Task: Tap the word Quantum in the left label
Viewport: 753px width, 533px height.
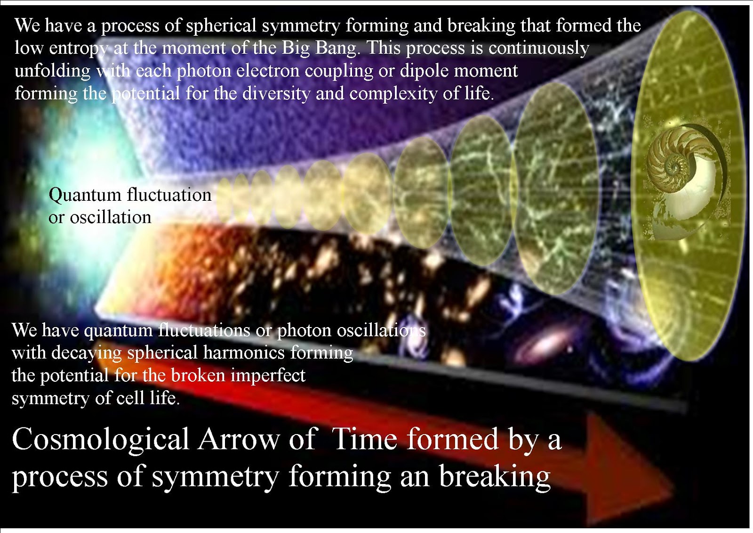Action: pos(85,195)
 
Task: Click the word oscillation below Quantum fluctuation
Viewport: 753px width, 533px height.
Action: pos(111,217)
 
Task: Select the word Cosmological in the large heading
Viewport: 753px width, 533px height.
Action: pos(100,439)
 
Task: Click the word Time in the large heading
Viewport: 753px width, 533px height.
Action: pos(365,439)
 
